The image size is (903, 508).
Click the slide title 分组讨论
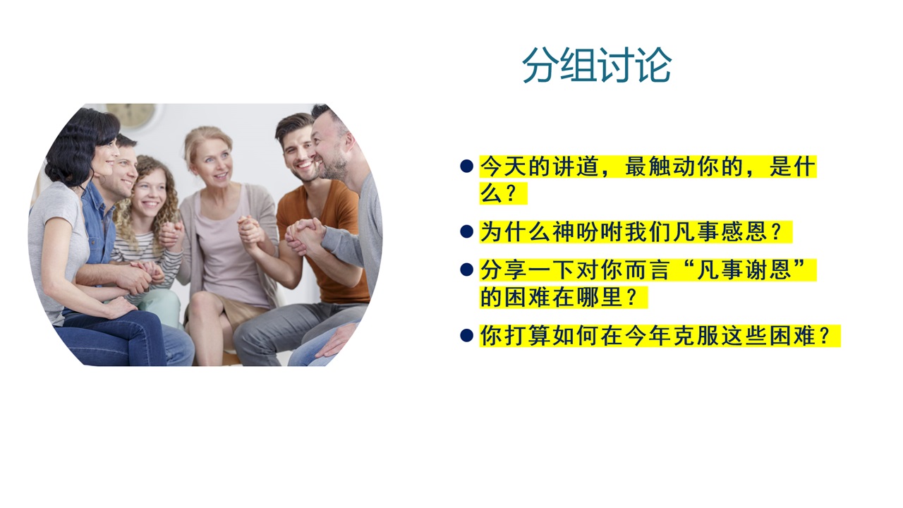coord(597,66)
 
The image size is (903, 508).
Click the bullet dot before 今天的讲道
coord(466,166)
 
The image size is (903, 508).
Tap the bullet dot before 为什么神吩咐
coord(466,231)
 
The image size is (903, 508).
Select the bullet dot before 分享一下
coord(466,270)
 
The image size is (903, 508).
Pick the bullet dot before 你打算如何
coord(466,335)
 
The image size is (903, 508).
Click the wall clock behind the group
coord(131,115)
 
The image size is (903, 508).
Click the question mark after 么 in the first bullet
coord(510,193)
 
